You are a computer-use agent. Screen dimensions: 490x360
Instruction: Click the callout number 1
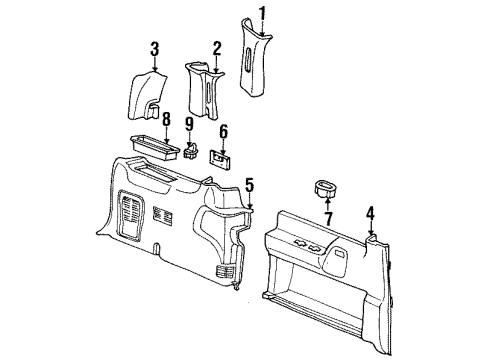tap(263, 13)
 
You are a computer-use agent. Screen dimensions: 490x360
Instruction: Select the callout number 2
tap(217, 49)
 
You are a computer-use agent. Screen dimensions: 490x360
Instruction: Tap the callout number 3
tap(154, 49)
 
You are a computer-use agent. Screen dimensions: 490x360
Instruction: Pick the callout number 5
tap(250, 185)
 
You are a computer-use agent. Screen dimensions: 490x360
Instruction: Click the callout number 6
tap(223, 131)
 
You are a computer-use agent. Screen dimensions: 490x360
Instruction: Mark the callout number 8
tap(166, 119)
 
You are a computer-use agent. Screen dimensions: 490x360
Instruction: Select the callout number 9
tap(189, 125)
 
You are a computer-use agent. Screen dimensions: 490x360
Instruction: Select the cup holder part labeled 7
tap(325, 188)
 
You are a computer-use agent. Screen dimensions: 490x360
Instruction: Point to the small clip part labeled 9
tap(191, 151)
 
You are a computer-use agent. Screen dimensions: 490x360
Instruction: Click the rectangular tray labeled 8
tap(155, 147)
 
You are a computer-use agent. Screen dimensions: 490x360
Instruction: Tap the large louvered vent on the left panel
tap(130, 215)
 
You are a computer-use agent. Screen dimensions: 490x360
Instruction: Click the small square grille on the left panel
tap(162, 215)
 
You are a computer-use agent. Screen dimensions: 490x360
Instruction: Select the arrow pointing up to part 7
tap(328, 204)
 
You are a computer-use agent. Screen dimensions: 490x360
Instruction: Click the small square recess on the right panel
tap(340, 253)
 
